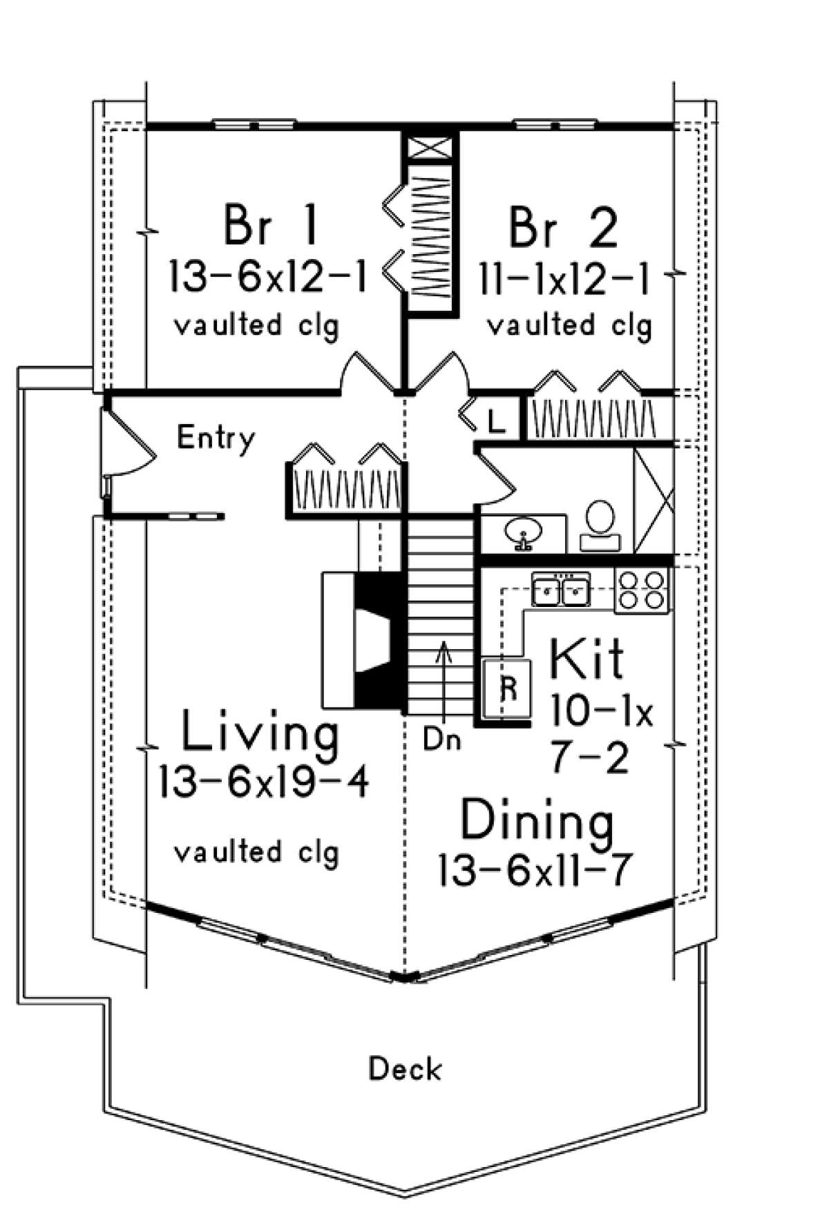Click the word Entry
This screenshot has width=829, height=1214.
coord(216,438)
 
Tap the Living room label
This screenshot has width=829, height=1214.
coord(260,733)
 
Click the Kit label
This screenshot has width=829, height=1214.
coord(587,659)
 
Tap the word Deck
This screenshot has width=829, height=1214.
coord(404,1070)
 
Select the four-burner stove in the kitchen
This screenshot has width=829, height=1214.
coord(642,590)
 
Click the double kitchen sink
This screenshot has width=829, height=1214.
coord(560,590)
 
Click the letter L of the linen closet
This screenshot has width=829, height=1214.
coord(495,419)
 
